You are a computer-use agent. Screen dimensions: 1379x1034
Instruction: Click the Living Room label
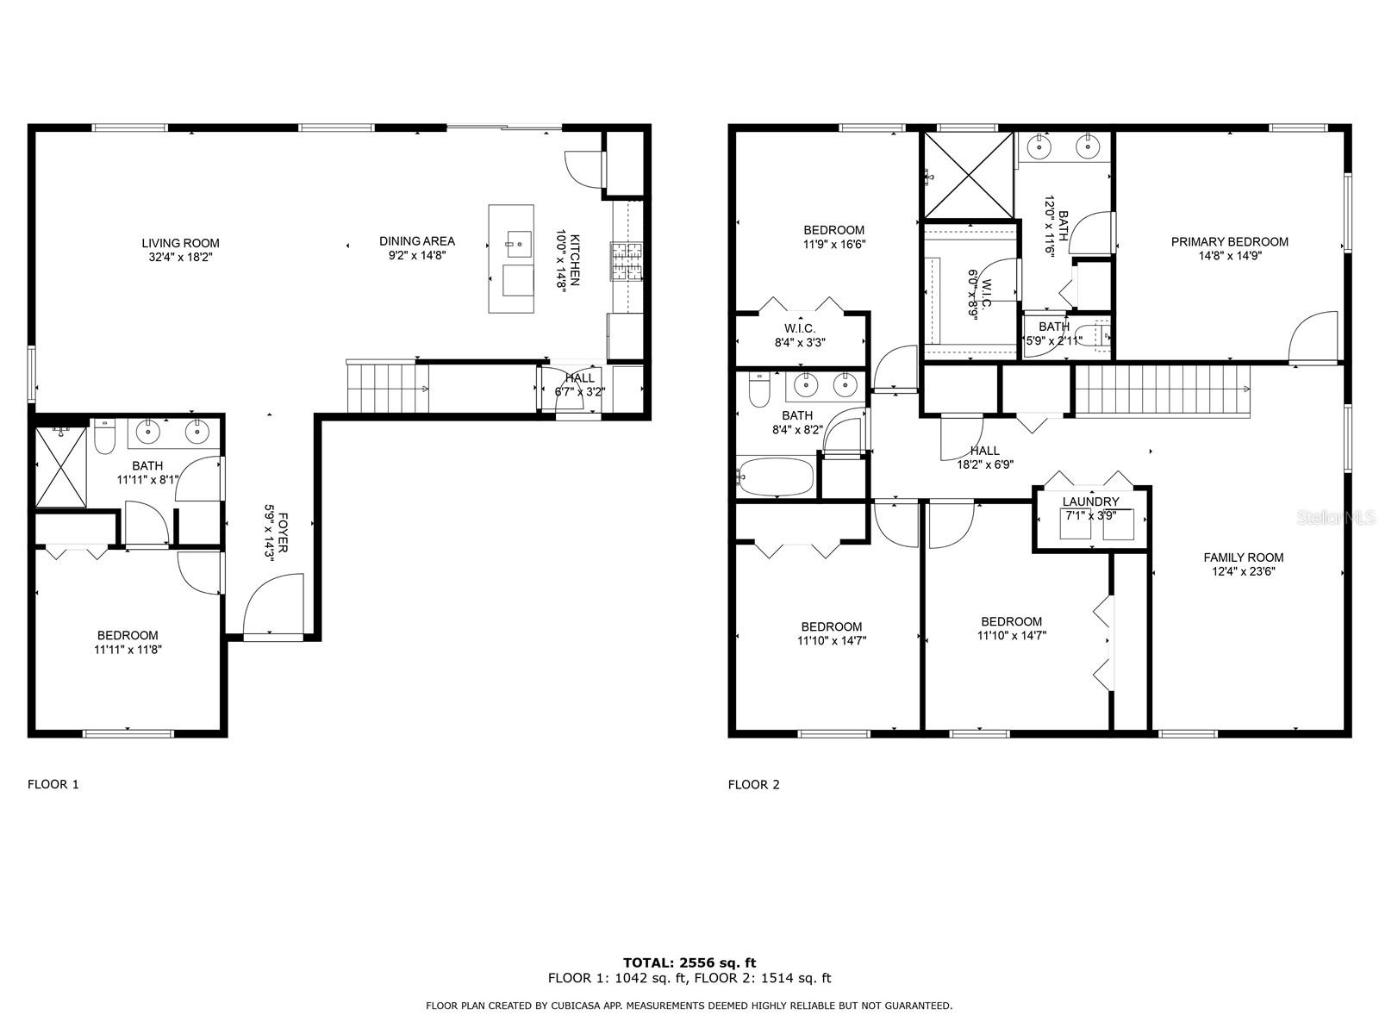click(x=180, y=243)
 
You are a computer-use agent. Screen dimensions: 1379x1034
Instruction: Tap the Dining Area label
click(x=417, y=241)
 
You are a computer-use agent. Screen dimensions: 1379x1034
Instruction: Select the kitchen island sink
click(x=519, y=244)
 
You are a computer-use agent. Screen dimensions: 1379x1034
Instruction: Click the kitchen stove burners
click(x=627, y=261)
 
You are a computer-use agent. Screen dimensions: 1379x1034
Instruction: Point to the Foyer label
click(x=283, y=532)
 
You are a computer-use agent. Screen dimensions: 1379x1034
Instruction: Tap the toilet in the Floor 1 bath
click(x=104, y=436)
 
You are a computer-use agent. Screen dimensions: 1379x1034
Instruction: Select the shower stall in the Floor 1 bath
click(x=61, y=466)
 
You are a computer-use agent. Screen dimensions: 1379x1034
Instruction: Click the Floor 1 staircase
click(x=388, y=388)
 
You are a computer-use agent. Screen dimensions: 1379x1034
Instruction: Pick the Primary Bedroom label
click(x=1230, y=242)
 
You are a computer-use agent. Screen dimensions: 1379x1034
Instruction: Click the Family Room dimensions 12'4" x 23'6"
click(x=1244, y=571)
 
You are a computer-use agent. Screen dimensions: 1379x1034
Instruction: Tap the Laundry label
click(x=1090, y=501)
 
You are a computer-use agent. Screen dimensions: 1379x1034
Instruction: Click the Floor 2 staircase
click(x=1163, y=390)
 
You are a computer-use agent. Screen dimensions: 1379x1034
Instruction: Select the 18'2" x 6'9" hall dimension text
click(x=985, y=464)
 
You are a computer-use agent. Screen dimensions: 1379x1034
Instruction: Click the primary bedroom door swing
click(x=1313, y=337)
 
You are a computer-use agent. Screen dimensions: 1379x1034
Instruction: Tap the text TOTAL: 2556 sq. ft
click(x=689, y=962)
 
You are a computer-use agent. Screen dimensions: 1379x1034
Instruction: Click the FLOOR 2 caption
click(x=754, y=784)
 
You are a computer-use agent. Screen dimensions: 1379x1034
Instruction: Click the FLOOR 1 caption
click(x=53, y=784)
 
